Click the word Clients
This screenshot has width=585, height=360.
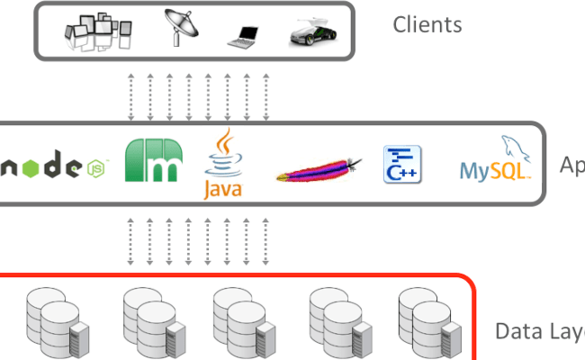point(427,24)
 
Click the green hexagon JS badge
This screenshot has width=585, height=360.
point(95,166)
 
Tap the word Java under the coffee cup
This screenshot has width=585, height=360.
point(222,189)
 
